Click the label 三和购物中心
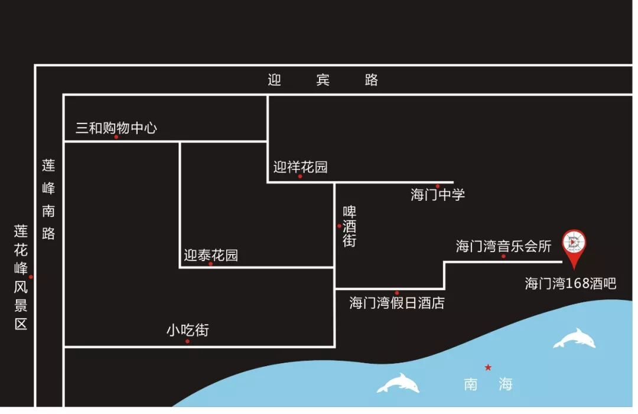click(x=116, y=128)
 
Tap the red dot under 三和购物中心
click(x=116, y=137)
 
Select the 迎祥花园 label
click(x=300, y=167)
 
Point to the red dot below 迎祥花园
click(x=300, y=177)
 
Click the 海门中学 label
click(x=438, y=194)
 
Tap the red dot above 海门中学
click(x=438, y=186)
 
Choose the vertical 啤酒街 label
click(x=350, y=226)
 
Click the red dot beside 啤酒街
click(x=339, y=226)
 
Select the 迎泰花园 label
click(x=211, y=255)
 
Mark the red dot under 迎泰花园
click(x=210, y=264)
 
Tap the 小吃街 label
click(x=187, y=331)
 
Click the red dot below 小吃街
click(x=187, y=341)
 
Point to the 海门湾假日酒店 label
click(x=397, y=303)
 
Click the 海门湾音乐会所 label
click(x=503, y=246)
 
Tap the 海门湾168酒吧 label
click(x=571, y=283)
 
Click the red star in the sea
click(x=488, y=367)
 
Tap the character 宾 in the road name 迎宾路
click(x=323, y=80)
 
